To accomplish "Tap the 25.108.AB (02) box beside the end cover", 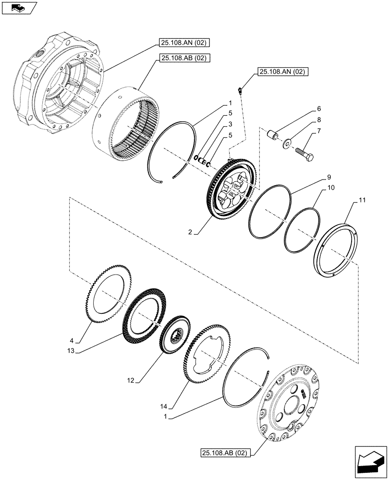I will point(224,453).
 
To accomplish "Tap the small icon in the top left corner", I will point(19,8).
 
